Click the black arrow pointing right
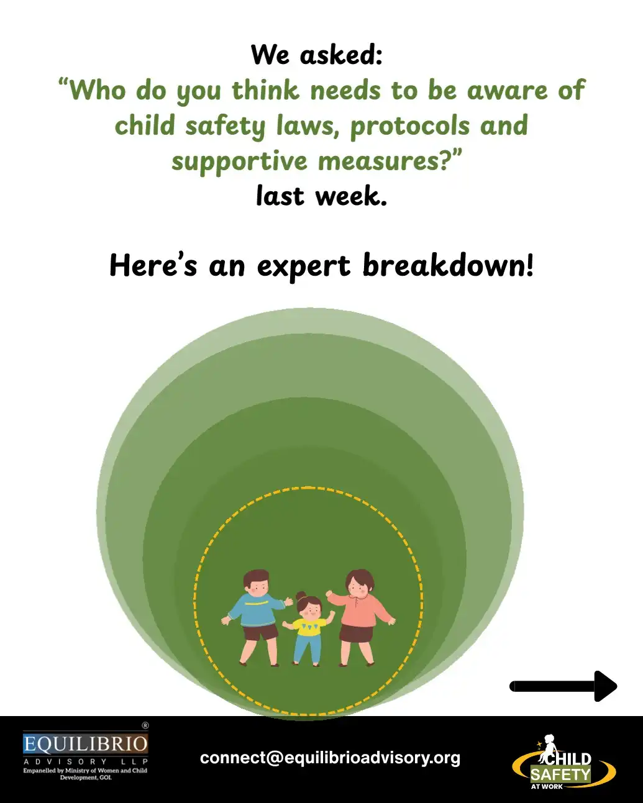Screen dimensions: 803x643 pyautogui.click(x=563, y=686)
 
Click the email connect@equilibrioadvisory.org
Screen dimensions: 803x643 pyautogui.click(x=330, y=758)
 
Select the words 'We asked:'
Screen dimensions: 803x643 pyautogui.click(x=317, y=55)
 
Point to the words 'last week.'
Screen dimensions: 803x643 pyautogui.click(x=321, y=196)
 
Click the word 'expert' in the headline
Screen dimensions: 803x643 pyautogui.click(x=304, y=266)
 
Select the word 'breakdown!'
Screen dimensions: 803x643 pyautogui.click(x=448, y=266)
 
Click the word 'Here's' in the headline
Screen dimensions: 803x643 pyautogui.click(x=153, y=266)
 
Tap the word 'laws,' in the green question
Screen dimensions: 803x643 pyautogui.click(x=307, y=125)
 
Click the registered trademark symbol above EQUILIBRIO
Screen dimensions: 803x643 pyautogui.click(x=145, y=725)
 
